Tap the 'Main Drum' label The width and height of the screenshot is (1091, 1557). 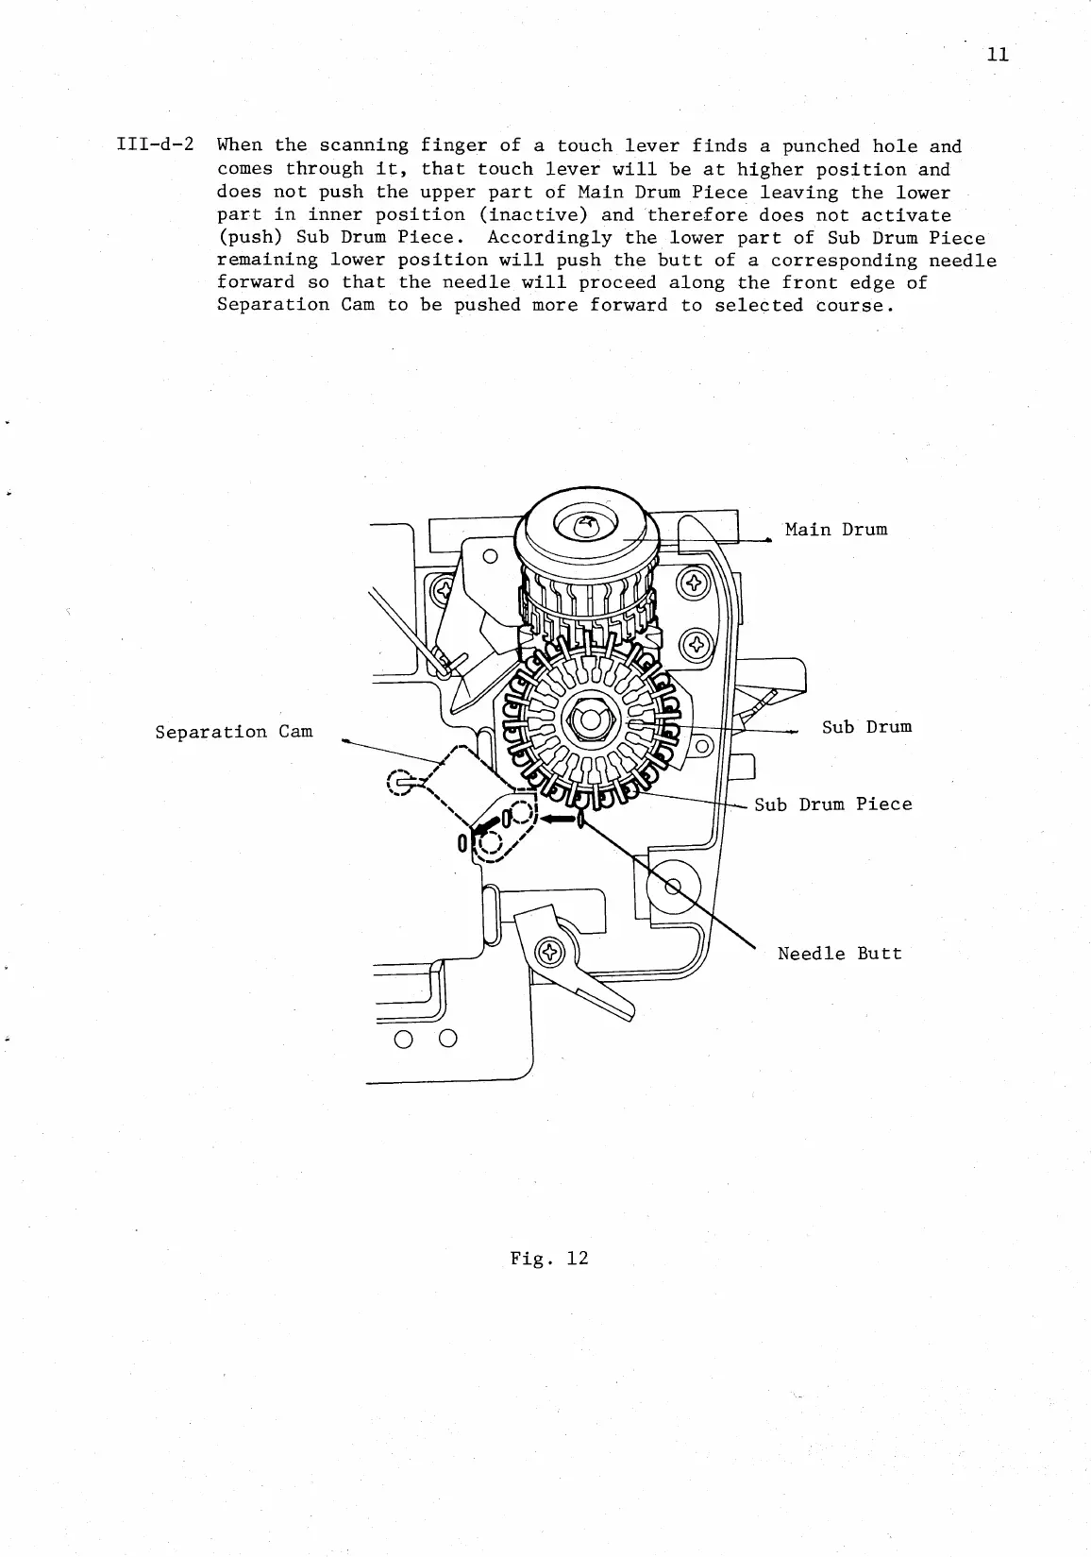click(836, 529)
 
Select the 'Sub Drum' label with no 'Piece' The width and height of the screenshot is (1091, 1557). click(866, 726)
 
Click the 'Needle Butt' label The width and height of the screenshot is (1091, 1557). click(839, 954)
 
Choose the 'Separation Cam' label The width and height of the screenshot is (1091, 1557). click(233, 732)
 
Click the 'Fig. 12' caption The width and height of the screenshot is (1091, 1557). click(548, 1258)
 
